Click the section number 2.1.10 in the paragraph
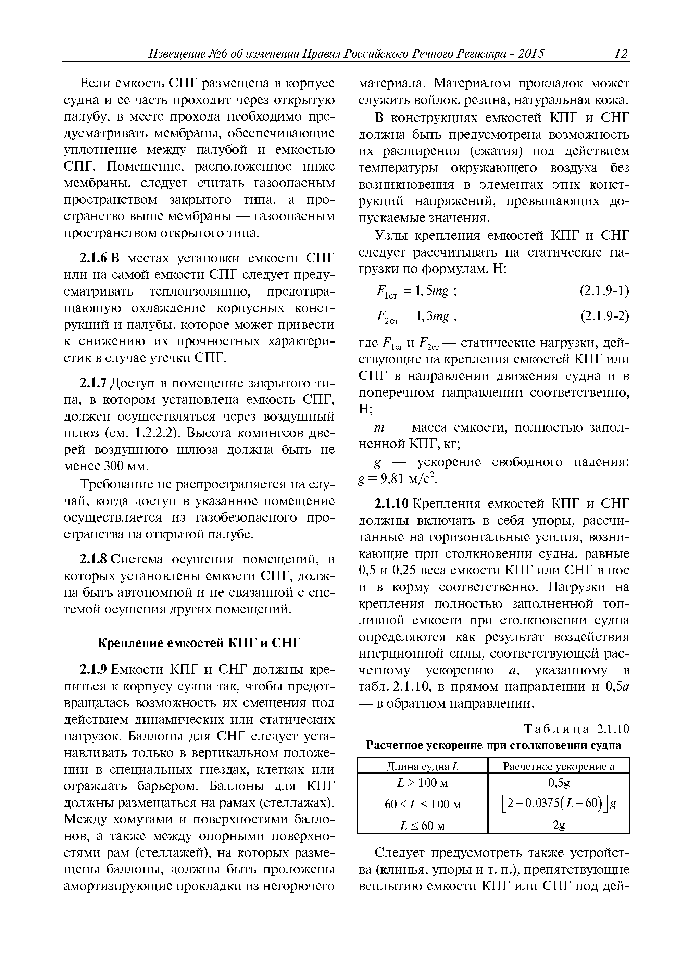coord(392,504)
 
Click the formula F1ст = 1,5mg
coord(415,292)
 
